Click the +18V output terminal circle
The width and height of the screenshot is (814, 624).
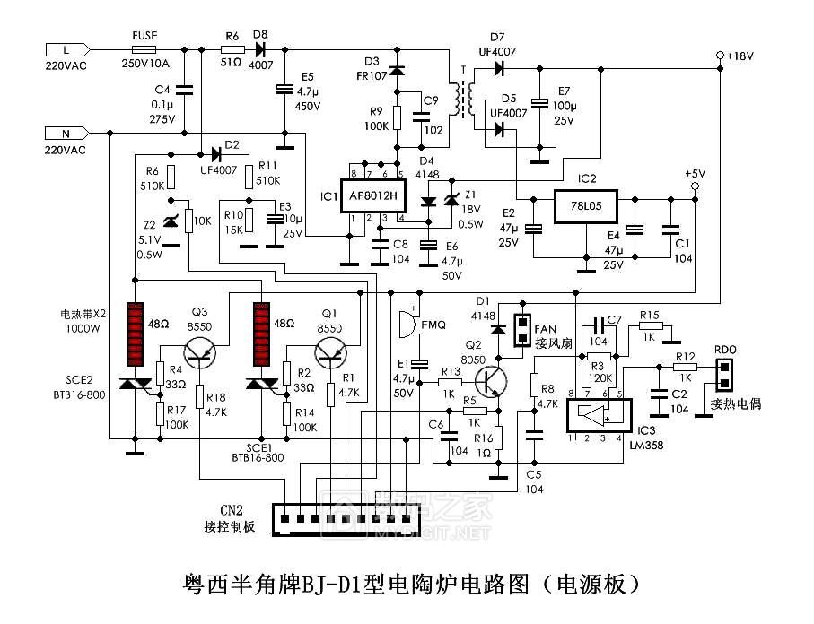tap(720, 56)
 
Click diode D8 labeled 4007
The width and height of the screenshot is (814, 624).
tap(261, 50)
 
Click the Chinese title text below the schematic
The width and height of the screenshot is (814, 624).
tap(406, 585)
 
